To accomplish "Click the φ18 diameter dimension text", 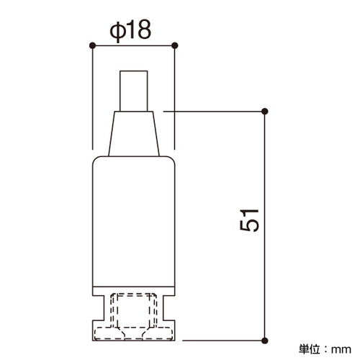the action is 130,30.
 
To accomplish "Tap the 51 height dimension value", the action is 250,220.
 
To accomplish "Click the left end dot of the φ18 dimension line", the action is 92,45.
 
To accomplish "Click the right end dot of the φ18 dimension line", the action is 175,45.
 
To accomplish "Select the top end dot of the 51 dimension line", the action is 265,112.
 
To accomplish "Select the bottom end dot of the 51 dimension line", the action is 265,341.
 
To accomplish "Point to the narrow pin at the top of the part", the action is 134,91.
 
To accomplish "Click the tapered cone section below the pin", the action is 134,134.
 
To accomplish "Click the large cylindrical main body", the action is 134,221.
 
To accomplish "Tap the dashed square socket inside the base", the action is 133,310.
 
